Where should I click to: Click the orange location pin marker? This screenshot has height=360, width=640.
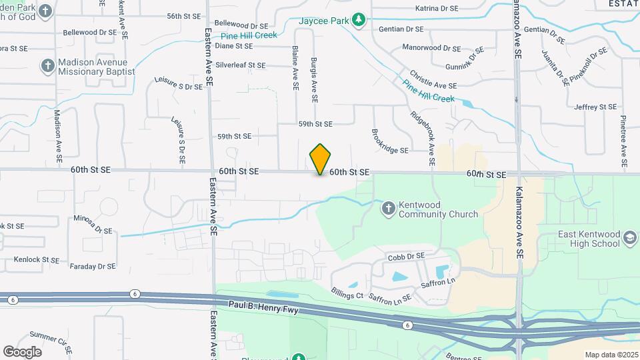[x=321, y=159]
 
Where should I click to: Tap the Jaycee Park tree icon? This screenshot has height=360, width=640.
[x=359, y=20]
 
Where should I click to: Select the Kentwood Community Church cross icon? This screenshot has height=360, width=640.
[x=389, y=209]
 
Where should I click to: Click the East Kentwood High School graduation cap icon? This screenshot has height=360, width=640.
[x=630, y=238]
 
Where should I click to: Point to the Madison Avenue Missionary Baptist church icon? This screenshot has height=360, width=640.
[x=47, y=66]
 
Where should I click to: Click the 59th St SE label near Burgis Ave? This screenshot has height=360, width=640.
[x=315, y=124]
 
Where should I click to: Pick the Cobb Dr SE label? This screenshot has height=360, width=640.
[x=406, y=256]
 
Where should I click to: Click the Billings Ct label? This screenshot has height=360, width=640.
[x=347, y=294]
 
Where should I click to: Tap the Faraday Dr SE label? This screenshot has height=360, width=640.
[x=93, y=266]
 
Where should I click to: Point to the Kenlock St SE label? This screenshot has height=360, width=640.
[x=32, y=259]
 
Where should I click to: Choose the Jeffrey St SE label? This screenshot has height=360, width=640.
[x=595, y=107]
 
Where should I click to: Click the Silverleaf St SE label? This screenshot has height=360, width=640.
[x=240, y=65]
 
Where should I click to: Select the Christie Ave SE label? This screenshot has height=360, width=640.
[x=433, y=81]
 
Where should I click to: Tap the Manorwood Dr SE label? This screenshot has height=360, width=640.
[x=431, y=48]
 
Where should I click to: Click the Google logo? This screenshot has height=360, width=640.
[x=22, y=351]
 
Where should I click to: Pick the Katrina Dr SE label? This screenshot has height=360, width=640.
[x=437, y=9]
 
